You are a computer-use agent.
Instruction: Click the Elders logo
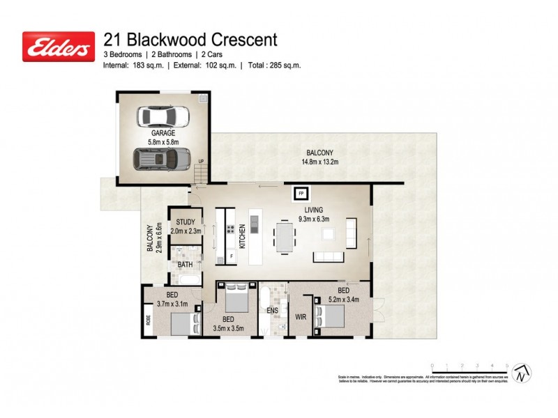[x=59, y=47]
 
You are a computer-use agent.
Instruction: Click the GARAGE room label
[x=163, y=132]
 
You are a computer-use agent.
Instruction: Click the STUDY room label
[x=185, y=222]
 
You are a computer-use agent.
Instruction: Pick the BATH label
[x=185, y=265]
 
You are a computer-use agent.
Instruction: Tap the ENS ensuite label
[x=273, y=311]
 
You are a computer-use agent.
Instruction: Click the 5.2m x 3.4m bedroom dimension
[x=343, y=300]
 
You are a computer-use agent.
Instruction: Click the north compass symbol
[x=521, y=373]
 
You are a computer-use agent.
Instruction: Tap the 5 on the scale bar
[x=507, y=365]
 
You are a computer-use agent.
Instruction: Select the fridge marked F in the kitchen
[x=231, y=257]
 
